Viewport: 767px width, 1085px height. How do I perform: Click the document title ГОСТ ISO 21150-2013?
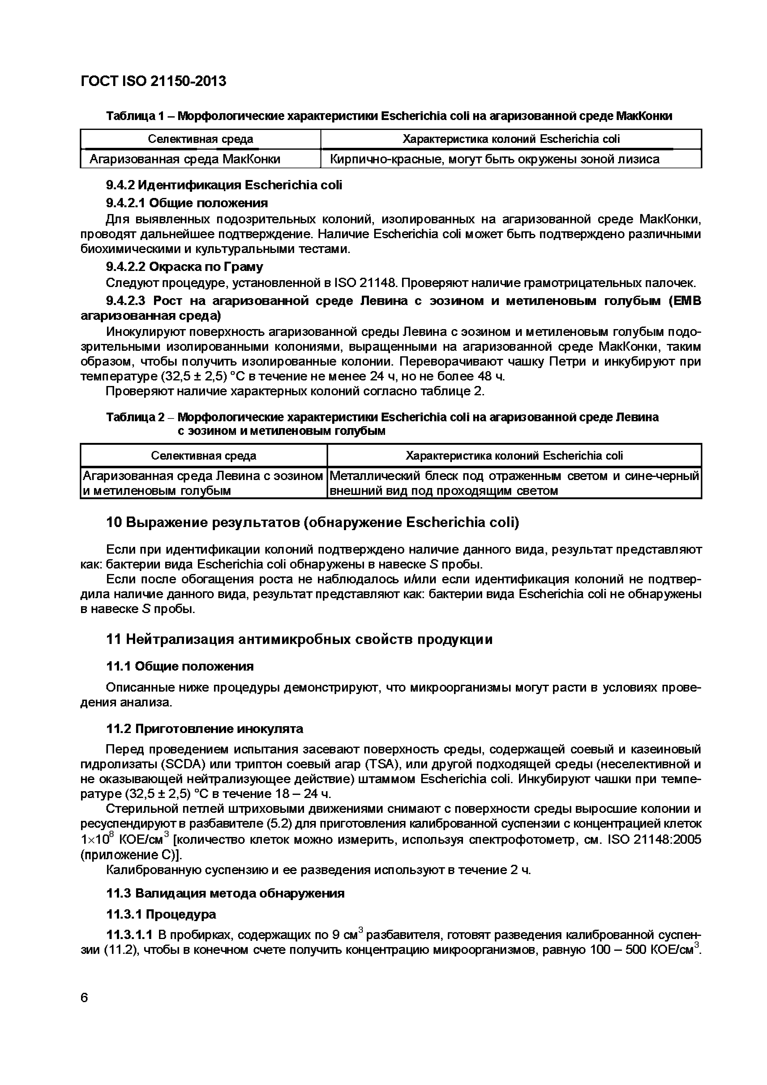pos(154,81)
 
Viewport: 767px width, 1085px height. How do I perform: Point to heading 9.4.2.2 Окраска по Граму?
pos(184,267)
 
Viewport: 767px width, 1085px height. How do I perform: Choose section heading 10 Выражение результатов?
pos(312,523)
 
